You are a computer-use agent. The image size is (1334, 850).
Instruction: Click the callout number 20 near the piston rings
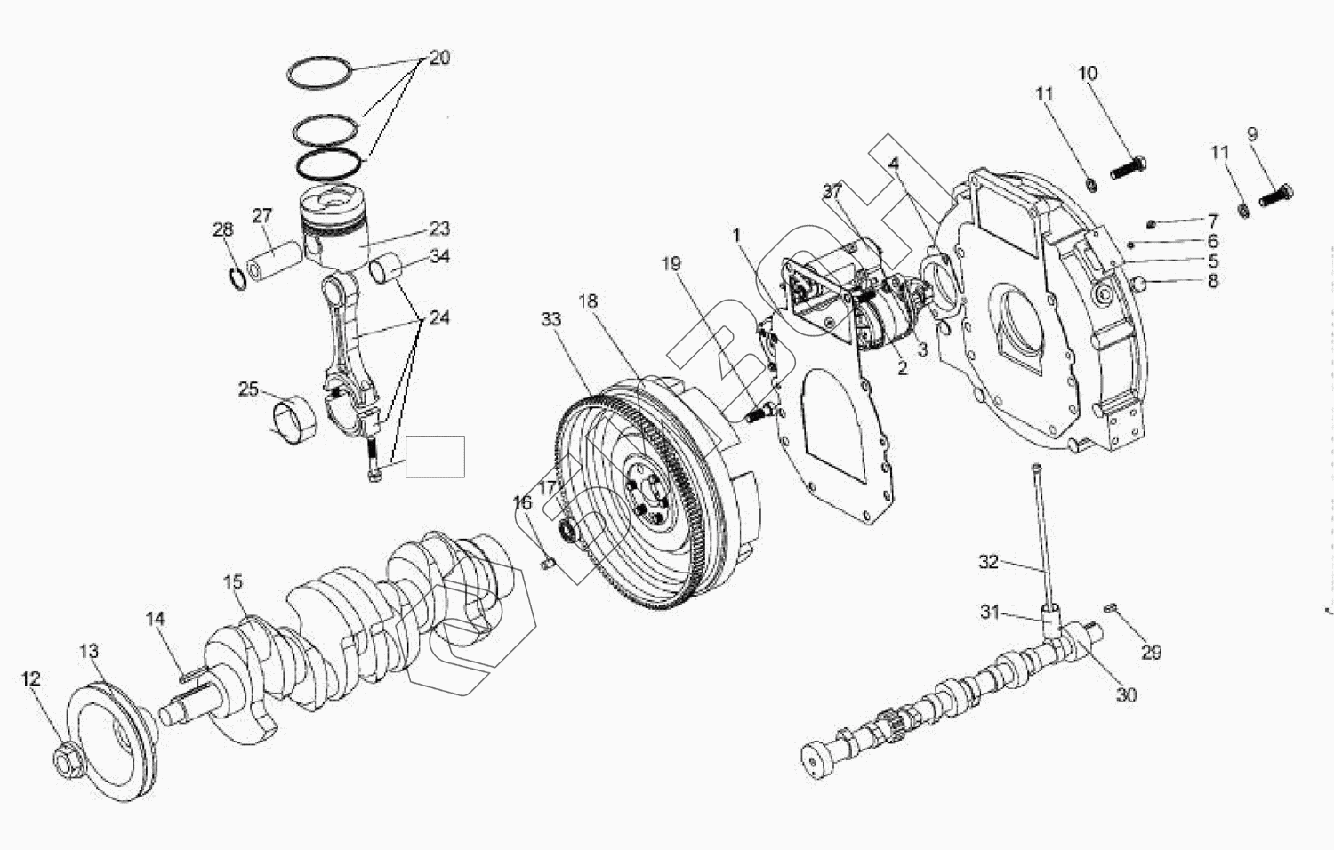click(439, 58)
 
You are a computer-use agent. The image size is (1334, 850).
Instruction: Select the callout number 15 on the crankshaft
click(232, 582)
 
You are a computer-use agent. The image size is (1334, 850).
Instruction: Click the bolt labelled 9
click(1276, 193)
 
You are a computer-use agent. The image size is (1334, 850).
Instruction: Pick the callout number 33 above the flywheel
click(551, 318)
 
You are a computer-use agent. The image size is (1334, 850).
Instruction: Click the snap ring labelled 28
click(236, 277)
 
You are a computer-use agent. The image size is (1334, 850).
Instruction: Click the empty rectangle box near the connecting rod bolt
click(435, 456)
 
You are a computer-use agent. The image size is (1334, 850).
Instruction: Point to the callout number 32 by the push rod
click(989, 562)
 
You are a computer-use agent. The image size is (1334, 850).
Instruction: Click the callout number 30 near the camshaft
click(1126, 695)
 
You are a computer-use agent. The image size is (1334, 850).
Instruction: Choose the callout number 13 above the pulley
click(89, 651)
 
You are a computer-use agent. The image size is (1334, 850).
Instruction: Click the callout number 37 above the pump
click(832, 191)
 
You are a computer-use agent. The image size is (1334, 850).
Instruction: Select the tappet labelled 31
click(1052, 615)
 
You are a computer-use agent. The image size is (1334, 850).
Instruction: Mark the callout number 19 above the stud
click(671, 263)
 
